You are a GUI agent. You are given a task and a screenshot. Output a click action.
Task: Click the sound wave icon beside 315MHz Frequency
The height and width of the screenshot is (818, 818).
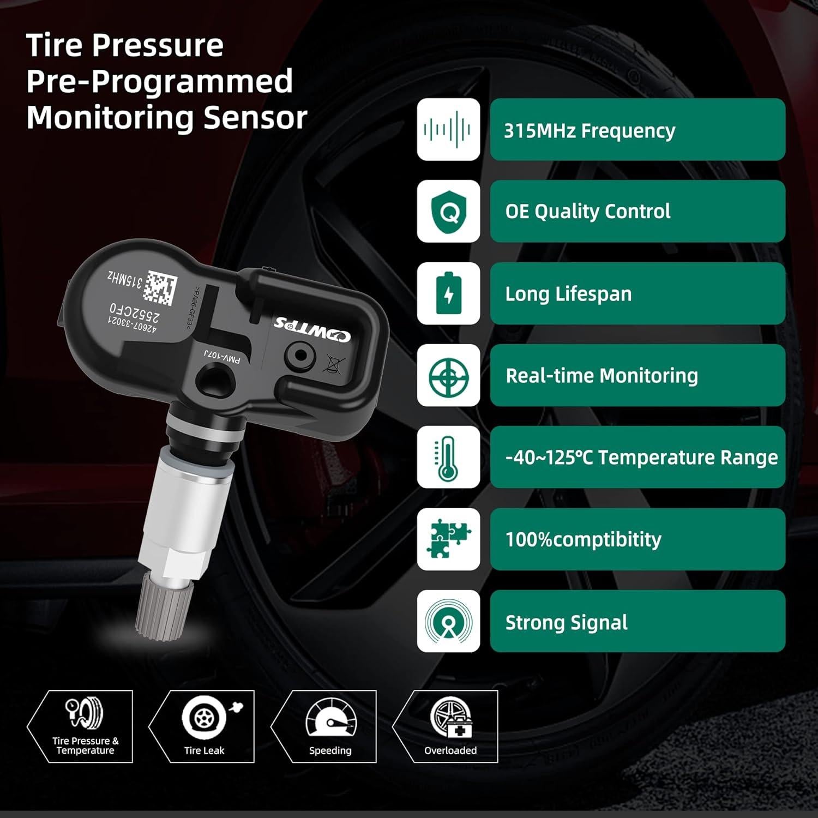(448, 130)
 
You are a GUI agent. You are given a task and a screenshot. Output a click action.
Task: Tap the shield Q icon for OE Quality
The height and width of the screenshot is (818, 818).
(448, 212)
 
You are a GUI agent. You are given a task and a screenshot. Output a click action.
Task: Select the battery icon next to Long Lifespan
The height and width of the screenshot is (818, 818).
(448, 293)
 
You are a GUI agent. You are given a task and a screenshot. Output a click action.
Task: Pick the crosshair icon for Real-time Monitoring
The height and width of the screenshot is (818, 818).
(448, 376)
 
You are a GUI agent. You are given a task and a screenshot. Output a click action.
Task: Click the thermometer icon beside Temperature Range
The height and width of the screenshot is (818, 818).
(447, 458)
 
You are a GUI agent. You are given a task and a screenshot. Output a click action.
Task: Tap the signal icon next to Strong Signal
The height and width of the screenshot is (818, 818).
(448, 621)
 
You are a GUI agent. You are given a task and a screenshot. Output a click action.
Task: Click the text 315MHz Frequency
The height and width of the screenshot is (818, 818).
(589, 131)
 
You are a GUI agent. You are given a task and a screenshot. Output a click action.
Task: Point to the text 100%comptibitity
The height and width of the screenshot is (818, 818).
(583, 540)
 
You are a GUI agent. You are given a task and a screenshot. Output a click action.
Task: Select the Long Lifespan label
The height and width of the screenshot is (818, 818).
(568, 294)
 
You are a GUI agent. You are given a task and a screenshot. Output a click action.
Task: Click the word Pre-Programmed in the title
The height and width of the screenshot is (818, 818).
(159, 81)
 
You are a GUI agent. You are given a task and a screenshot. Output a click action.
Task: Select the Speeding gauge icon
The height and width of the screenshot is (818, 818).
(330, 719)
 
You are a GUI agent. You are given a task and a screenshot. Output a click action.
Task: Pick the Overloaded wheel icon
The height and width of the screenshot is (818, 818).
(450, 717)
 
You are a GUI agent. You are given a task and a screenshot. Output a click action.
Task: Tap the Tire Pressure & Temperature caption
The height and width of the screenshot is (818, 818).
(85, 745)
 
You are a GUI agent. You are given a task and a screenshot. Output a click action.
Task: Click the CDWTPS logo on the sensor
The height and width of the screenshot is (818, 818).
(312, 328)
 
